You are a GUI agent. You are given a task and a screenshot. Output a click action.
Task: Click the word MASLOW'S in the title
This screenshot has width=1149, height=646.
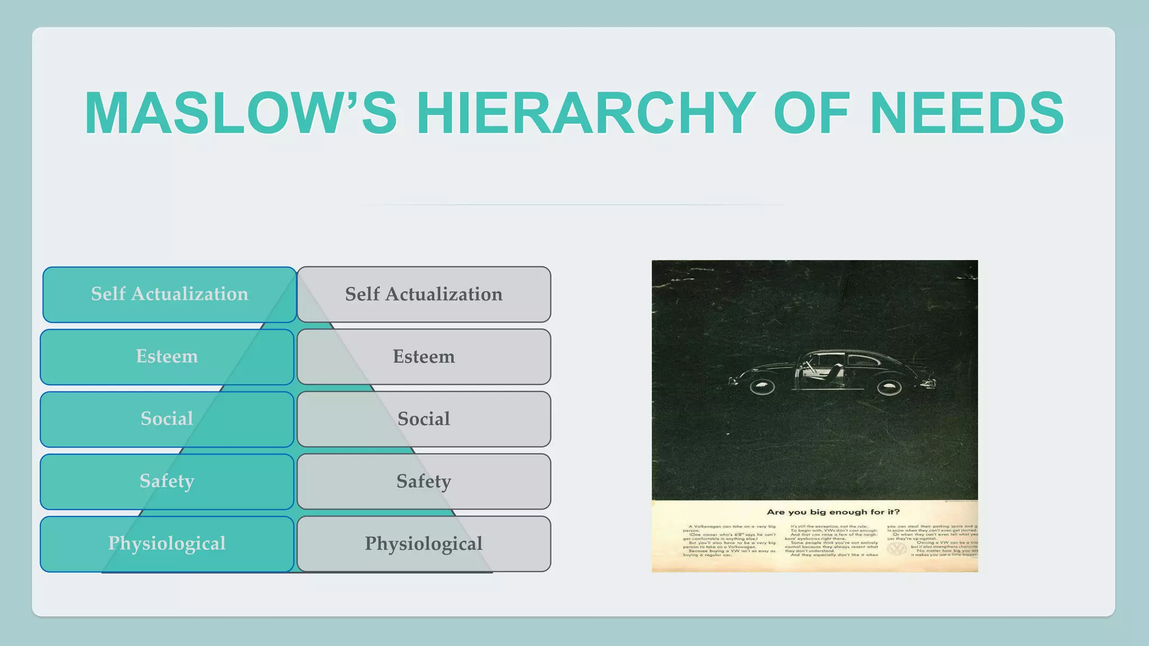click(241, 113)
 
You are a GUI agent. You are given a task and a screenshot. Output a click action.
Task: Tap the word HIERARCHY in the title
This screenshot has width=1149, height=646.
click(586, 113)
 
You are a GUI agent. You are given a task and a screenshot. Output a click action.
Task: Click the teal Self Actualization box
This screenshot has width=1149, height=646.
click(169, 294)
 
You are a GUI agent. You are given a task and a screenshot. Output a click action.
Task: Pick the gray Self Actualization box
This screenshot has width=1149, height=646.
click(424, 294)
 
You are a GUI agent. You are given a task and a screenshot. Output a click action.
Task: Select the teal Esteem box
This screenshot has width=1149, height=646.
click(167, 357)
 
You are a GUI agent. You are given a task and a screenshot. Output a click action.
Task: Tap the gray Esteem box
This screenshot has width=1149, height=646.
click(424, 357)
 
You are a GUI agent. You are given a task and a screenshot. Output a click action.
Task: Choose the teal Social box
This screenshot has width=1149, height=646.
click(167, 419)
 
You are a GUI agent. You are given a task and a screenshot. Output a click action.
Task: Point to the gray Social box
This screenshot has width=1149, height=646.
click(424, 419)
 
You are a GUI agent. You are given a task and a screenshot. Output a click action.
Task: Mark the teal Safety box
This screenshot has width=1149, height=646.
click(167, 481)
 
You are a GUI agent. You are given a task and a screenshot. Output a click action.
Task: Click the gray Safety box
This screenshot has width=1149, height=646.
click(424, 481)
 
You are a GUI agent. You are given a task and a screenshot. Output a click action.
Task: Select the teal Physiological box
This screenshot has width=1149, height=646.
click(167, 543)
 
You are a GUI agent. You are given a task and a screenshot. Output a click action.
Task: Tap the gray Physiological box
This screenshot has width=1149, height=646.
click(424, 543)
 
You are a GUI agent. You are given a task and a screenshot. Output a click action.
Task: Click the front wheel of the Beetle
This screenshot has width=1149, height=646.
click(762, 386)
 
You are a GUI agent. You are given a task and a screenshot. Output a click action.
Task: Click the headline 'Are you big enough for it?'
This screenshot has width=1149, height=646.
click(833, 512)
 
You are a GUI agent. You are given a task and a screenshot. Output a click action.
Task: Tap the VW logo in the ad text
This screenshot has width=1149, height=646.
click(897, 548)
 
